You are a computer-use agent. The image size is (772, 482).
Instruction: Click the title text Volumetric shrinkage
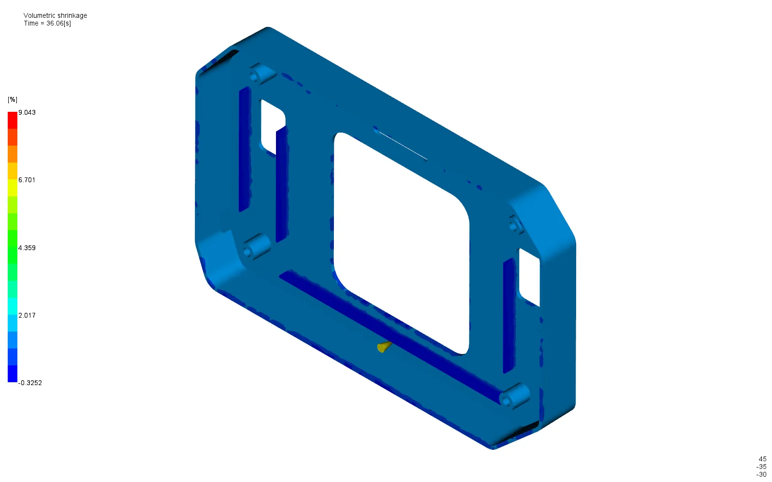coord(55,15)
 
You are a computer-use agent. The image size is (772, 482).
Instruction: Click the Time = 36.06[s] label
coord(47,24)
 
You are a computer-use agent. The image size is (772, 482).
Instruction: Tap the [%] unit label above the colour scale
coord(13,99)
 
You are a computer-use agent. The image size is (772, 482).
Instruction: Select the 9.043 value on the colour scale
coord(27,112)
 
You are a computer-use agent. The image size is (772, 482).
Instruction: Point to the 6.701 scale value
coord(27,180)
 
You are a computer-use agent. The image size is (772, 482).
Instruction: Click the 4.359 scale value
coord(27,248)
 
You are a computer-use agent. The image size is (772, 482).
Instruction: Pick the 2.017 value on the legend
coord(27,315)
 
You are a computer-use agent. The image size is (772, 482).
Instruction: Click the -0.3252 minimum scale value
coord(30,383)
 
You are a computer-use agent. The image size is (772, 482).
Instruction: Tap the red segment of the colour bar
coord(13,120)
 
